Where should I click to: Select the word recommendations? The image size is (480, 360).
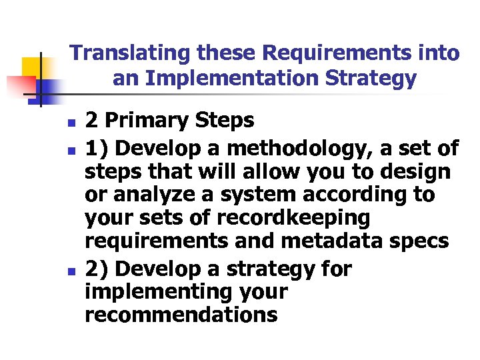[x=181, y=315]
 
